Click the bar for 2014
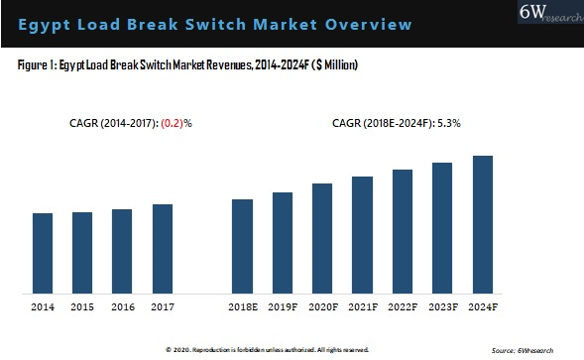coord(43,254)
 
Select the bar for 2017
coord(163,249)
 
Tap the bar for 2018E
coord(242,247)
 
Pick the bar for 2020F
coord(322,239)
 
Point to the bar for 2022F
coord(403,232)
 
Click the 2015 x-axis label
coord(82,308)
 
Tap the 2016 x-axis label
coord(122,308)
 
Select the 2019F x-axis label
coord(283,308)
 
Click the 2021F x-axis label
coord(363,308)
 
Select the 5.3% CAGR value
coord(447,124)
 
